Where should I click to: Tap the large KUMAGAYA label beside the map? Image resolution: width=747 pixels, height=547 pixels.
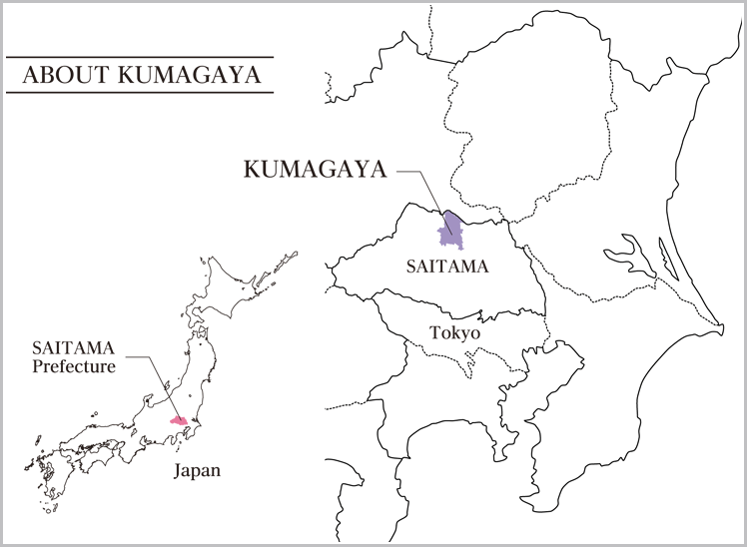[x=315, y=170]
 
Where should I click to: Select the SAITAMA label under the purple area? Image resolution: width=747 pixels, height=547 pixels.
[x=447, y=267]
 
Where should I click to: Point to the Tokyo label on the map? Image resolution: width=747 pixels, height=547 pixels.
[x=454, y=332]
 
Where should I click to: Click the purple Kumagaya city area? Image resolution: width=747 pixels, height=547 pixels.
[x=454, y=232]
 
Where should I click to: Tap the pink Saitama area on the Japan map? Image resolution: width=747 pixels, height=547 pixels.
[x=180, y=421]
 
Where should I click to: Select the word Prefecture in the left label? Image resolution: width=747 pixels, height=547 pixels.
[x=74, y=366]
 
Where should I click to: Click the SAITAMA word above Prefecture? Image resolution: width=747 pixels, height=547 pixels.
[x=73, y=348]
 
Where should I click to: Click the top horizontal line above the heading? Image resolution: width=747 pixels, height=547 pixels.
[x=140, y=56]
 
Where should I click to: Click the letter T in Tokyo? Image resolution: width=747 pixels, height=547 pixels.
[x=433, y=332]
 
